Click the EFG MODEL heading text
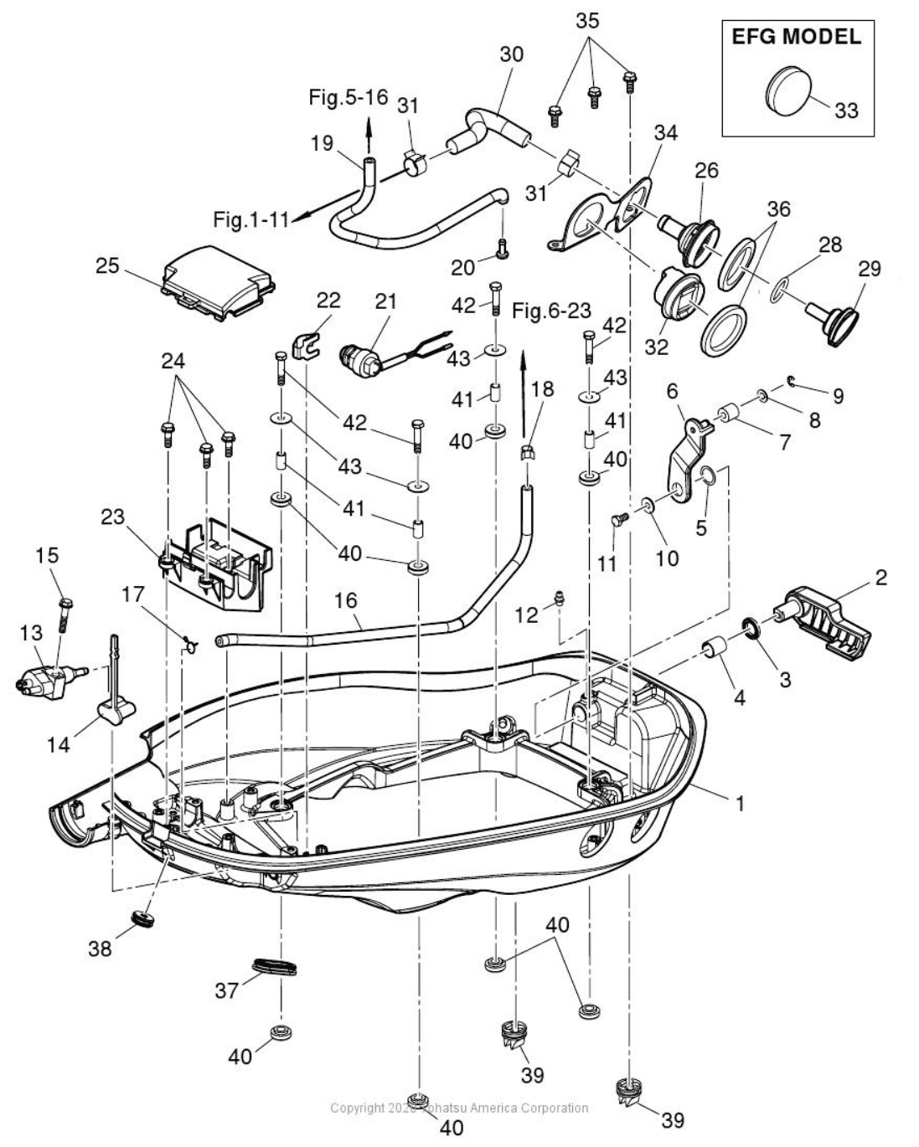pyautogui.click(x=796, y=37)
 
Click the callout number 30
pyautogui.click(x=511, y=54)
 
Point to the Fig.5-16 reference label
pyautogui.click(x=348, y=97)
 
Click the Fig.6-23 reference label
pyautogui.click(x=551, y=311)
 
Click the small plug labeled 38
pyautogui.click(x=144, y=919)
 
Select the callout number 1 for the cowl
pyautogui.click(x=739, y=803)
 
